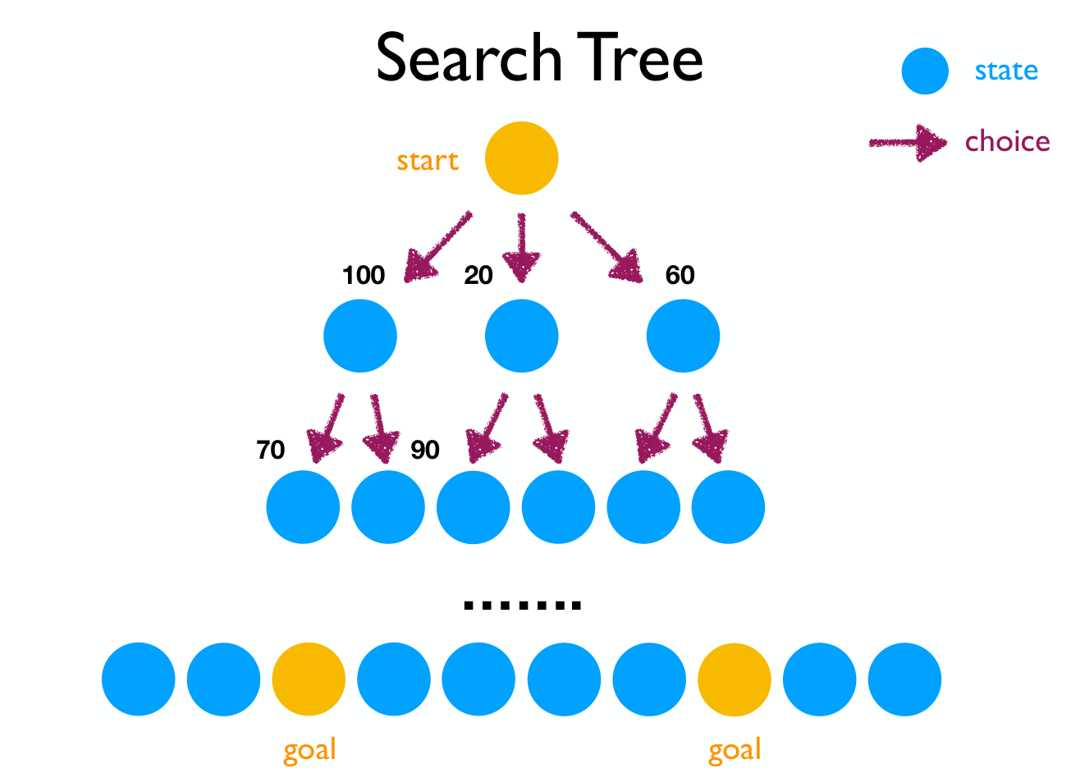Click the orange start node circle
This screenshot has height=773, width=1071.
[x=522, y=158]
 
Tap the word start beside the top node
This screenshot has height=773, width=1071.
[x=428, y=161]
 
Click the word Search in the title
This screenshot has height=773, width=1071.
[x=469, y=57]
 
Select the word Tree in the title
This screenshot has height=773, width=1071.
[x=640, y=57]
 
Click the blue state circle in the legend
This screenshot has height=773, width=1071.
[x=925, y=71]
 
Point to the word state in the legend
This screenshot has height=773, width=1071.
[x=1006, y=71]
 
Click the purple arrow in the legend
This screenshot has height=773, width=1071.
[x=908, y=143]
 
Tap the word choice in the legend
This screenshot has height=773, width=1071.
[x=1008, y=141]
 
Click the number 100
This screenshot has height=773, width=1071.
[x=364, y=276]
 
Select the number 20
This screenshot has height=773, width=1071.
[x=478, y=276]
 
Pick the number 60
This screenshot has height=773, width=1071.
[x=680, y=276]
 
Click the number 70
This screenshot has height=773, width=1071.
[x=271, y=450]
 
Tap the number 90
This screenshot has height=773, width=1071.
[x=425, y=450]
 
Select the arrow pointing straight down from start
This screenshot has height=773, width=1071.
[x=522, y=248]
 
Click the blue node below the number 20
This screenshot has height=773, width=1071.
[x=522, y=336]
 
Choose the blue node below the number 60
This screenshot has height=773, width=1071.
[x=684, y=336]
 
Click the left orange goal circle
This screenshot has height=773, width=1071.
[x=309, y=679]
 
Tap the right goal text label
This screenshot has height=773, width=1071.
[x=735, y=751]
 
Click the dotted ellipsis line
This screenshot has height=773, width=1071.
[x=523, y=606]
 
